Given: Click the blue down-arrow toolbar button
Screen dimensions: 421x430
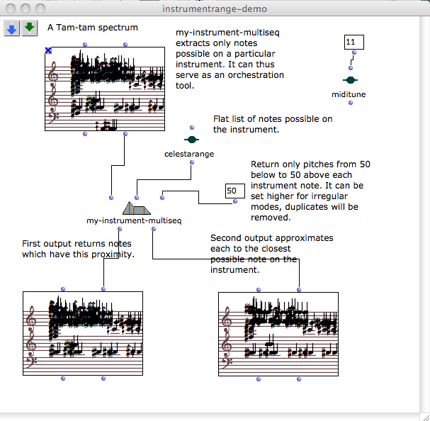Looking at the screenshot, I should [12, 28].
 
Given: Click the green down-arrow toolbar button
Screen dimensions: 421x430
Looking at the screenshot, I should [29, 28].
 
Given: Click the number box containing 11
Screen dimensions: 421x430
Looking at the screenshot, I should [353, 43].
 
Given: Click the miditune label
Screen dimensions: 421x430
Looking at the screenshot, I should [349, 94].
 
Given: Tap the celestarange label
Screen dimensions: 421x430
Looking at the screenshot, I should [189, 153].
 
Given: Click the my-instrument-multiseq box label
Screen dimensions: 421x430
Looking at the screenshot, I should [135, 220].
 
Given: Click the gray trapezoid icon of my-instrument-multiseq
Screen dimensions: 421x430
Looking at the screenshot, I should [137, 208].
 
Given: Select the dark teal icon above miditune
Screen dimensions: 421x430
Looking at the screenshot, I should [350, 80].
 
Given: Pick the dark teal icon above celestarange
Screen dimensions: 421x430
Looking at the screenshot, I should [191, 140].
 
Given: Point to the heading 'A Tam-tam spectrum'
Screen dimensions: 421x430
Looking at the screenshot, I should [93, 28].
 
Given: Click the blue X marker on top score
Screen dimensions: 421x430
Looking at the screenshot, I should [48, 50].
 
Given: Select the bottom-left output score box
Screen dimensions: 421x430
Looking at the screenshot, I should [83, 333].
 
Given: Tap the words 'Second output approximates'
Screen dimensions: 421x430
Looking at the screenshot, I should [271, 238].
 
